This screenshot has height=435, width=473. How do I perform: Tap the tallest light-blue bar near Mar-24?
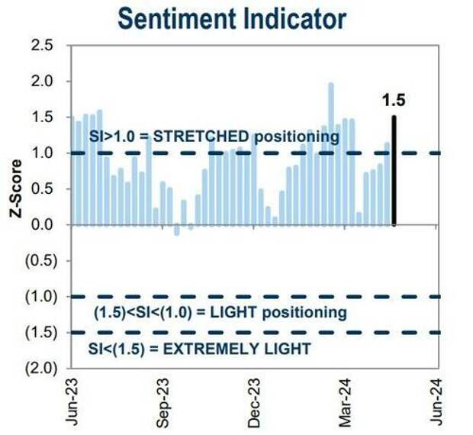click(x=331, y=153)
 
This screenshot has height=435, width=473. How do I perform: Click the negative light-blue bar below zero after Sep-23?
click(x=177, y=230)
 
